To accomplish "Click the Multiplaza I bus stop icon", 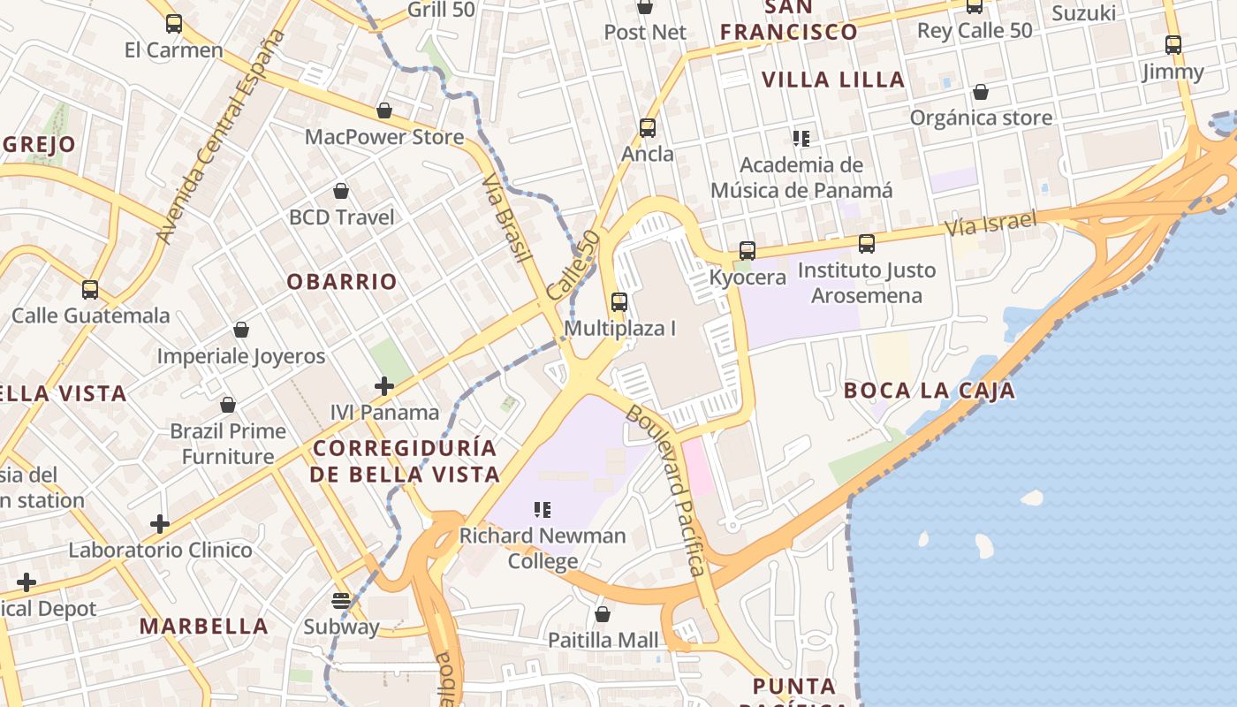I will [619, 302].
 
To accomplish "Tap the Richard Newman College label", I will [543, 548].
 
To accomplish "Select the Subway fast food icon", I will [341, 601].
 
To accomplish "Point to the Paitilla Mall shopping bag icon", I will [603, 614].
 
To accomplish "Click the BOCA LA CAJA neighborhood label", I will [929, 391].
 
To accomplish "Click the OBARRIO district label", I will [342, 282].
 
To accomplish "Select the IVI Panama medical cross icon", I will [384, 385].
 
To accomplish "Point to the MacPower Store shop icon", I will [384, 111].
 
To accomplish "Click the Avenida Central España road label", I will [222, 137].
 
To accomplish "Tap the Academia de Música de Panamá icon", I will [801, 138].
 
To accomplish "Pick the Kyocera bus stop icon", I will [748, 251].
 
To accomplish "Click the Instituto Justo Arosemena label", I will [866, 283].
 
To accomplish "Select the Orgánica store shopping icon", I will [981, 92].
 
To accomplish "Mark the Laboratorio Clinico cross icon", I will [160, 524].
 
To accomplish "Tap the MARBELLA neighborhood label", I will [204, 627].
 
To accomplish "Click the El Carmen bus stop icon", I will [174, 24].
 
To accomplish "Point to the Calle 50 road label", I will [573, 265].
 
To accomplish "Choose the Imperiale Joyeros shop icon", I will [241, 330].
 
